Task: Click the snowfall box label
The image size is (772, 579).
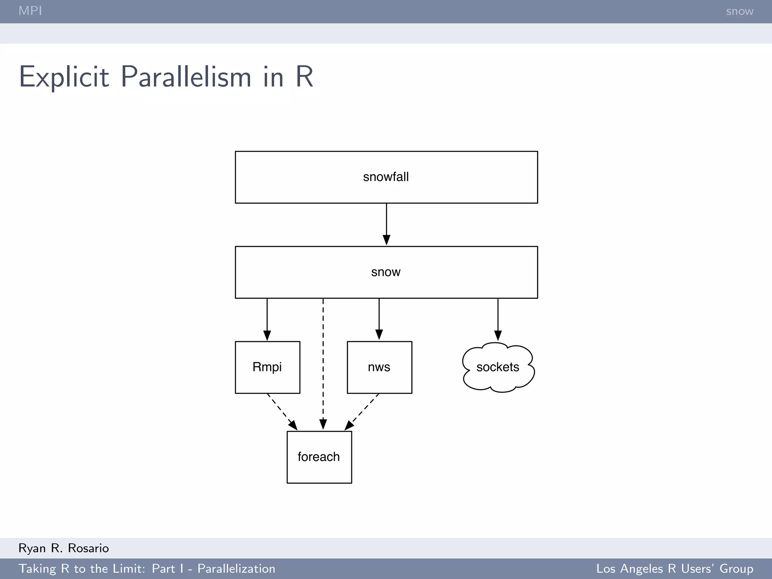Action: (x=386, y=177)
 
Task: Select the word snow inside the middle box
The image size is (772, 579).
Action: (x=386, y=272)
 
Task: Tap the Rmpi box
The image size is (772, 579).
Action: (x=267, y=367)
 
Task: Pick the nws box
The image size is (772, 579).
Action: (x=379, y=367)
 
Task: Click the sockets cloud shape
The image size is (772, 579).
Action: (x=498, y=367)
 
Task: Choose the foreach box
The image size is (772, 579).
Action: (x=319, y=457)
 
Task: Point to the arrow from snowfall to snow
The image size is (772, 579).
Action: (x=386, y=224)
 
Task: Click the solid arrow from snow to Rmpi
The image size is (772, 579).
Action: (x=267, y=320)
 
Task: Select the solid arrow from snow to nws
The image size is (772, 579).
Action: (x=379, y=320)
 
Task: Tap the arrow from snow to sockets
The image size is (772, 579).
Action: (x=498, y=320)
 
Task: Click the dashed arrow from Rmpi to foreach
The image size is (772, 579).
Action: (x=282, y=412)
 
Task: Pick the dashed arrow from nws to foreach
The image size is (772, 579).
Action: (x=362, y=412)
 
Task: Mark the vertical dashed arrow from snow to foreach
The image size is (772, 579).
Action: (x=323, y=364)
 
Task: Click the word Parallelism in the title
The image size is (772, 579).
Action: (x=186, y=77)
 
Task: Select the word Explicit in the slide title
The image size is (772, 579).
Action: (x=64, y=77)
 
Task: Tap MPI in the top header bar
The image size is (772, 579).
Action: (x=30, y=11)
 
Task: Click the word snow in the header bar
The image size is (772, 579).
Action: (x=740, y=11)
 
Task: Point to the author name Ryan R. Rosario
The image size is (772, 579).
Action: (x=63, y=548)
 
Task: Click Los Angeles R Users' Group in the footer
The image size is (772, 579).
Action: (x=675, y=568)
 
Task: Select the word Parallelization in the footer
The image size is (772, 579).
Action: (x=236, y=568)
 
